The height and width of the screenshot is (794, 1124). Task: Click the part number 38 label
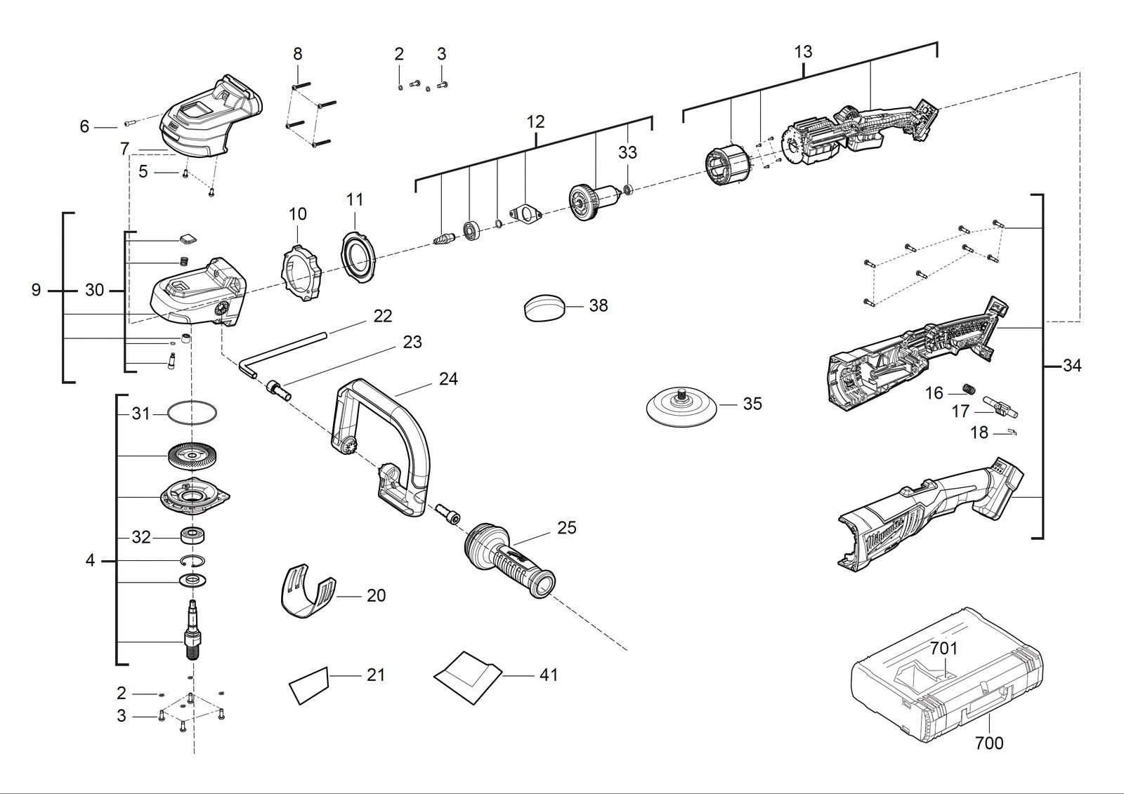tap(598, 305)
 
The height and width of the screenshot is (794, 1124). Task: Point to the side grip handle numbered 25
tap(509, 560)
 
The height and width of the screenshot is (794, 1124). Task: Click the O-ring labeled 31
tap(192, 413)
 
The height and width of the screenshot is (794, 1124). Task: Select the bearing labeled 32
tap(192, 536)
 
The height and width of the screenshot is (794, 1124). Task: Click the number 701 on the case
tap(943, 649)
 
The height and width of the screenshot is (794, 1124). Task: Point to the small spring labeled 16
tap(967, 389)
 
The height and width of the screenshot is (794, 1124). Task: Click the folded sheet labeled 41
tap(468, 677)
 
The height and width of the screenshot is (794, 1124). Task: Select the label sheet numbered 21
tap(308, 685)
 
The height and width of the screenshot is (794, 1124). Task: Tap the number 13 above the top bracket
tap(803, 52)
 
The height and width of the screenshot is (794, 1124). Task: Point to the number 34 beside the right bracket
tap(1071, 366)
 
